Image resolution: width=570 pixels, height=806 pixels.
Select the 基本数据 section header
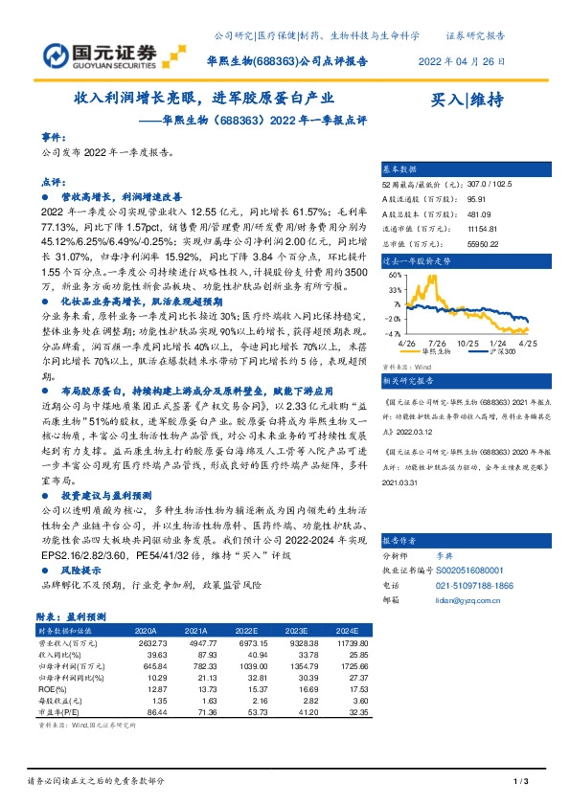(x=401, y=168)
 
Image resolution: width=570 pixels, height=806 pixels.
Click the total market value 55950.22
(x=479, y=244)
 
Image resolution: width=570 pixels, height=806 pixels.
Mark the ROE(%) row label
(x=52, y=689)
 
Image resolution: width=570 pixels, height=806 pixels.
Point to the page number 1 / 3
(x=522, y=783)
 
